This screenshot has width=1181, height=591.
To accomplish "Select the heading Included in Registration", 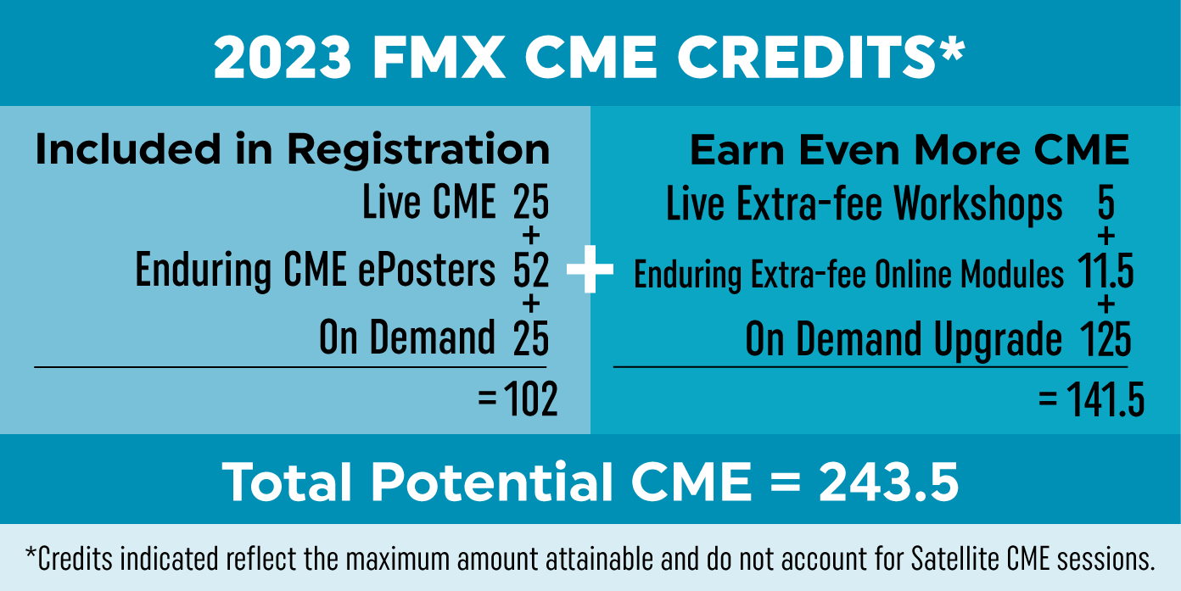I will pos(292,150).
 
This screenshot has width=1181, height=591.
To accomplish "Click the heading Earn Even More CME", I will pos(909,150).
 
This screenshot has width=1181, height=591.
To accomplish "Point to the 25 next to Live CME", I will pos(531,204).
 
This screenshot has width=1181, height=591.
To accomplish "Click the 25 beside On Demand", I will pos(531,337).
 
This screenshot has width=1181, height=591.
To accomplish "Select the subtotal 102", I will pos(531,399).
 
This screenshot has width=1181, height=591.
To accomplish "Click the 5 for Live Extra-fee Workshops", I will pos(1105,204).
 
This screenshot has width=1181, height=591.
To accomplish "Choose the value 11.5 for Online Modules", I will pos(1106,273).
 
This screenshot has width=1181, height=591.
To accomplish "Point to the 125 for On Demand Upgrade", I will pos(1105,339).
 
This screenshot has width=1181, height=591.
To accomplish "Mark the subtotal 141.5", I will pos(1102,399).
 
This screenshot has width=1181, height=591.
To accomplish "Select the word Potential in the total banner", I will pos(492,482).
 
